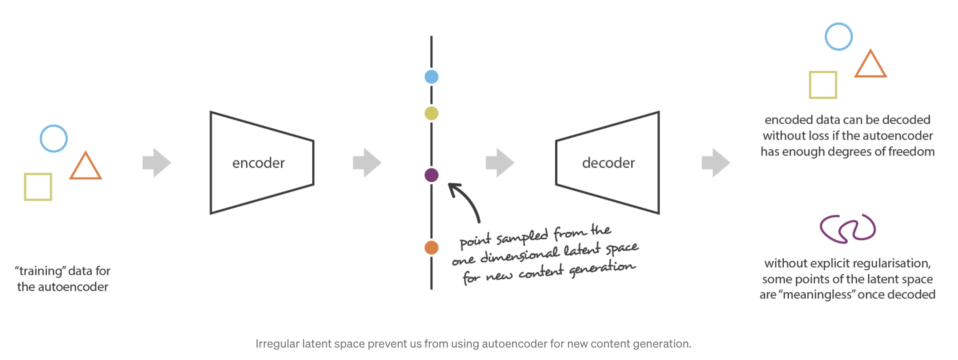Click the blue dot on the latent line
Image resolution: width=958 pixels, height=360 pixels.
click(431, 77)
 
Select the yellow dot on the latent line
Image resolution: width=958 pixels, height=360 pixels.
click(431, 113)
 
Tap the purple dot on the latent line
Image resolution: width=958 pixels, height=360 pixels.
click(431, 175)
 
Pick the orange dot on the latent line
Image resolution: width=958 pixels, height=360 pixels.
click(431, 247)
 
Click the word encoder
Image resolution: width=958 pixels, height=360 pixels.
click(258, 163)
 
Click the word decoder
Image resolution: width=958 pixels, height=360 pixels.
click(608, 163)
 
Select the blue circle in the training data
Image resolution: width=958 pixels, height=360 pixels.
click(53, 125)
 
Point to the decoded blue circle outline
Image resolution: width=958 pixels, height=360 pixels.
click(838, 23)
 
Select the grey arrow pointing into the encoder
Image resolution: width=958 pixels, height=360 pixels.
click(156, 163)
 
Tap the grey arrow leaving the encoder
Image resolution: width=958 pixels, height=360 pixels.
click(367, 163)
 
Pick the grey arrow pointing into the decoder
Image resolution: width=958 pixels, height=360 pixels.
click(500, 163)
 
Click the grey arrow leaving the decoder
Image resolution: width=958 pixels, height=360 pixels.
click(716, 163)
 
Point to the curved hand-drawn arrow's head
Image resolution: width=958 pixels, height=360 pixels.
click(453, 188)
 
